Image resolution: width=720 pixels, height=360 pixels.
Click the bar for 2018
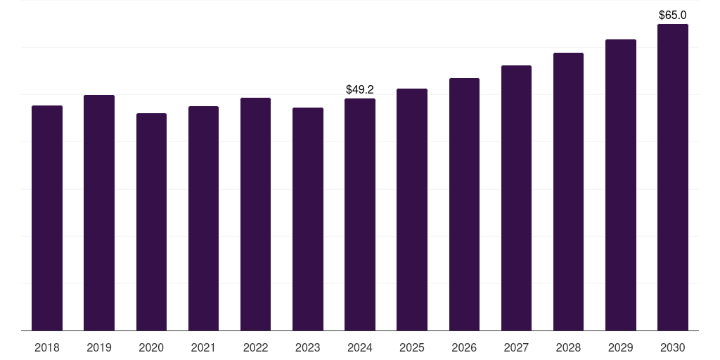point(47,218)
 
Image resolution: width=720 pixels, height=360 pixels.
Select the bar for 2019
point(99,212)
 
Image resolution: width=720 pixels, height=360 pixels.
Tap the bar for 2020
point(152,221)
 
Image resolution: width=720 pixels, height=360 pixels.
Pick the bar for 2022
point(255,214)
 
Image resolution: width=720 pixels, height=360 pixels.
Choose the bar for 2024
point(360,214)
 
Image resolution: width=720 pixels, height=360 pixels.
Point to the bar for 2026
point(464,205)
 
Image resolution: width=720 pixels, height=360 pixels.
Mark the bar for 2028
point(568,191)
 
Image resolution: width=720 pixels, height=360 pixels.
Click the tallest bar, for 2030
point(673,177)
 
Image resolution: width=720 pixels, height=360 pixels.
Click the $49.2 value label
point(360,89)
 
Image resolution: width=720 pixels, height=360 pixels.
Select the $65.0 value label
point(673,15)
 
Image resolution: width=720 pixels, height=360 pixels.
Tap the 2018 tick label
point(47,347)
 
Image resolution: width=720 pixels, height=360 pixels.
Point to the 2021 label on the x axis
point(203,347)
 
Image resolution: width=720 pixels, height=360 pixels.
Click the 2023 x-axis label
point(308,347)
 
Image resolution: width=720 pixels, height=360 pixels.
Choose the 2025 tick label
point(412,347)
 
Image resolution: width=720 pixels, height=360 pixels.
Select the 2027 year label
point(516,347)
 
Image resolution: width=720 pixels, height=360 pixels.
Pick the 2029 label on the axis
point(620,347)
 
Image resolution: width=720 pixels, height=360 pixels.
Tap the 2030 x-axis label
point(673,347)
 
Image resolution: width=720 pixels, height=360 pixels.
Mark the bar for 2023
point(308,219)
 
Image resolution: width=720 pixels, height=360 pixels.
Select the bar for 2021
point(203,219)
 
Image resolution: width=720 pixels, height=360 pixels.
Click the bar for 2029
point(621,185)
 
